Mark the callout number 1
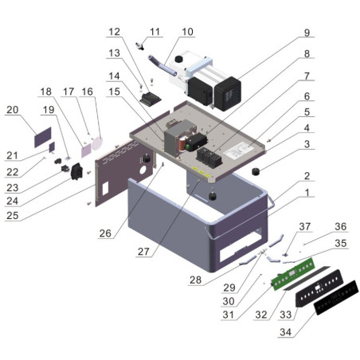pyautogui.click(x=307, y=193)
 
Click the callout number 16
pyautogui.click(x=88, y=92)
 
